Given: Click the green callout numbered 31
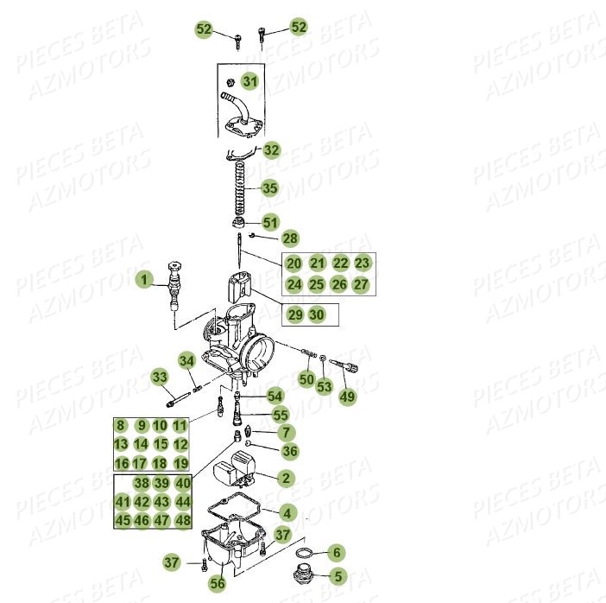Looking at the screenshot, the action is (x=250, y=81).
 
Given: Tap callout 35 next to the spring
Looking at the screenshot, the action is (x=270, y=188).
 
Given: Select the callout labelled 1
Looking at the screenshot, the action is (x=144, y=280).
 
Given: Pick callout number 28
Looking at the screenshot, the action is (x=290, y=238).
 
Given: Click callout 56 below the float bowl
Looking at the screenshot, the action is (x=218, y=583).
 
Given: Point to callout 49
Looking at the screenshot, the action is (x=347, y=397).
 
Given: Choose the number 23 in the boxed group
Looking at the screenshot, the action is (x=362, y=263).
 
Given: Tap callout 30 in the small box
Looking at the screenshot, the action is (x=317, y=314).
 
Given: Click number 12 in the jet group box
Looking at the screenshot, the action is (x=180, y=444).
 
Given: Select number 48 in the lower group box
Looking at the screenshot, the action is (x=183, y=520).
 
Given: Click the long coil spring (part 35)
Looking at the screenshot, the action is (x=240, y=188).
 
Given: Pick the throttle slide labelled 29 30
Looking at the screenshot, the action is (x=239, y=287).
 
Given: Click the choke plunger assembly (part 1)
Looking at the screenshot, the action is (x=174, y=285).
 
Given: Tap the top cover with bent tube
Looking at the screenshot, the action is (x=242, y=115).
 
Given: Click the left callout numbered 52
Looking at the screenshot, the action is (x=204, y=29).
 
